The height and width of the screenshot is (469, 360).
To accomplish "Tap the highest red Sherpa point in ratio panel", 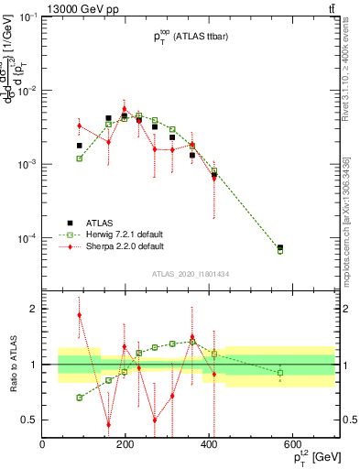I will (80, 315).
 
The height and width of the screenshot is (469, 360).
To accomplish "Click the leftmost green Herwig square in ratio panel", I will (80, 398).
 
